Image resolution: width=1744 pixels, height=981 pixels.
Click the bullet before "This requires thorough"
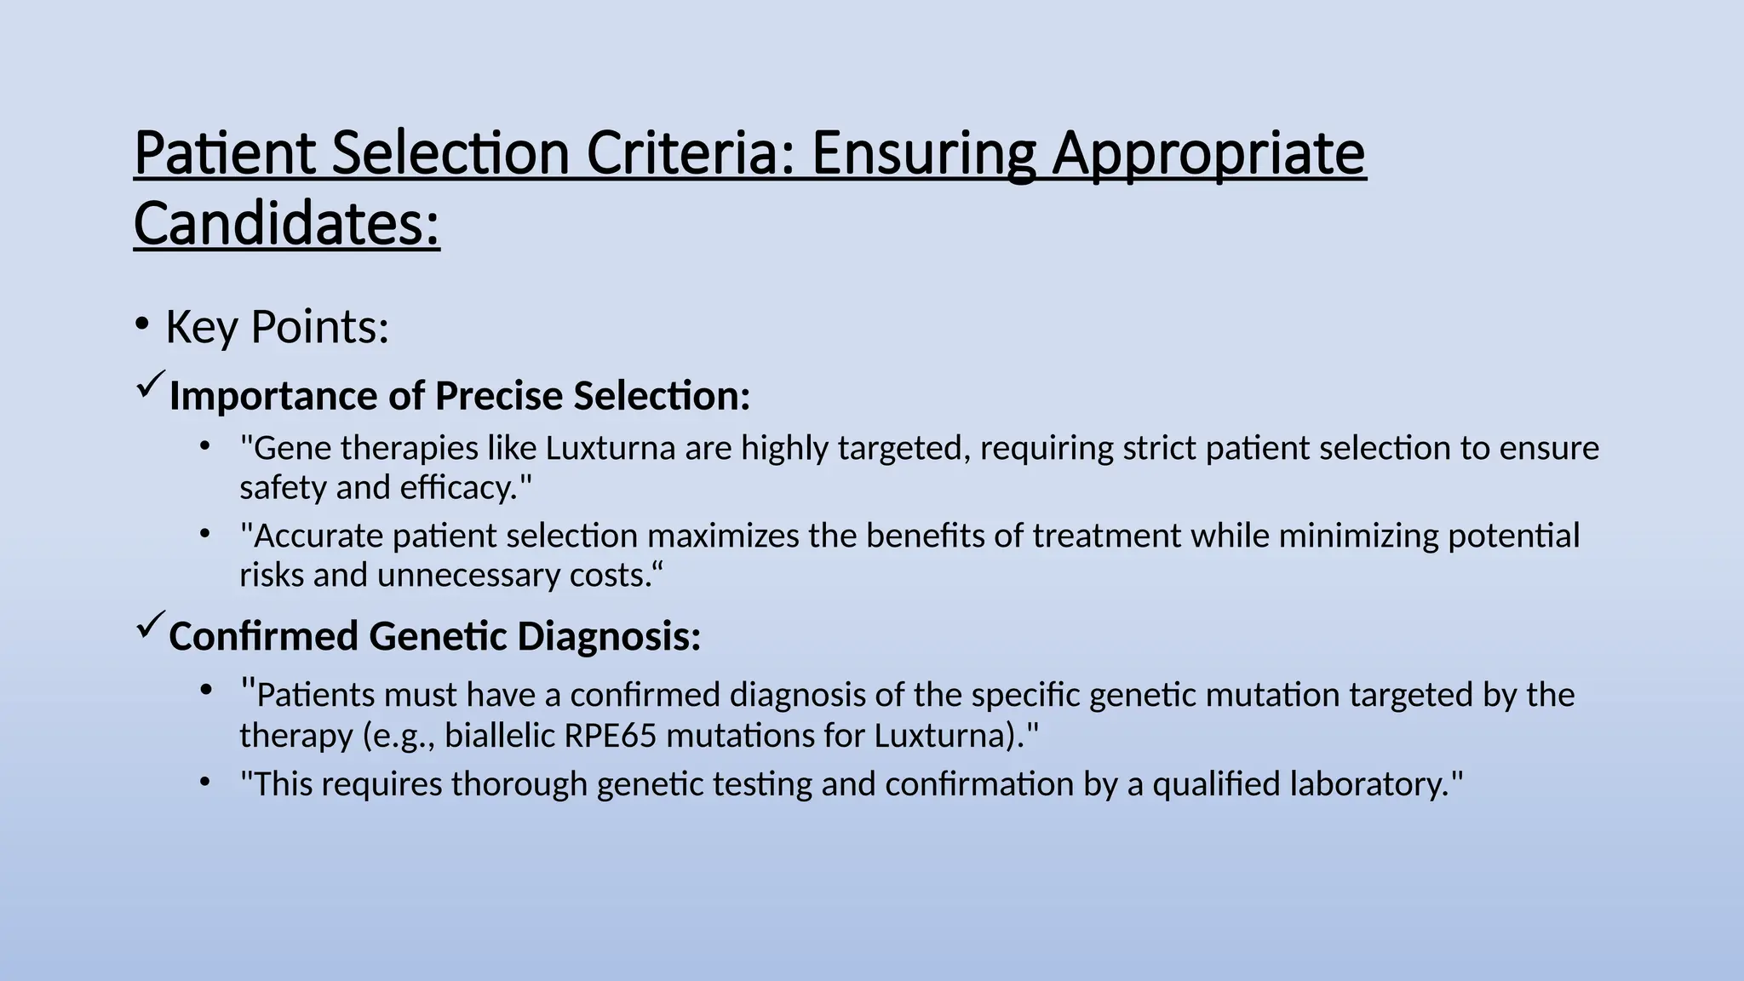(204, 781)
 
